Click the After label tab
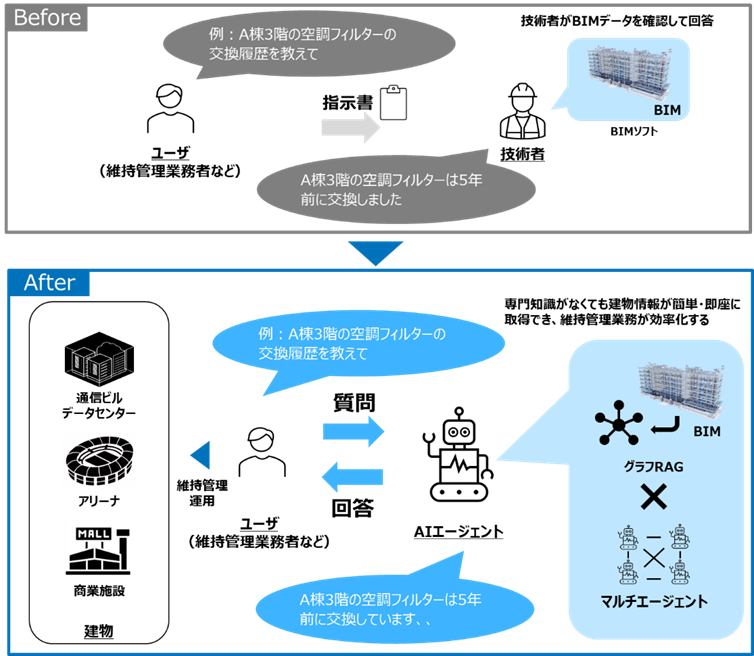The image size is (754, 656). pos(50,283)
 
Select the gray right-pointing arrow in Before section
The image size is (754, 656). pos(351,127)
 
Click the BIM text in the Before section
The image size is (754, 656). pos(667,108)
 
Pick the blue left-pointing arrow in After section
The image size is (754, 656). pos(352,477)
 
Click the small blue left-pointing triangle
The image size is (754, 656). pos(201,456)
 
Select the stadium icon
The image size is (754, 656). pos(99,460)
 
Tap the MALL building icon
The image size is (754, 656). pos(99,549)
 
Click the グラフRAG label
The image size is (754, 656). pos(653,465)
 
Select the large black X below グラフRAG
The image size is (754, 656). pos(653,497)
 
